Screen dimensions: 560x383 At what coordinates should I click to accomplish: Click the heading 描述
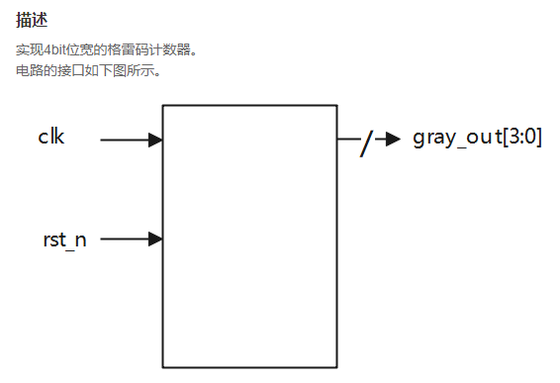click(x=33, y=20)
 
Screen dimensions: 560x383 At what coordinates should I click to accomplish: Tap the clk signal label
click(x=51, y=137)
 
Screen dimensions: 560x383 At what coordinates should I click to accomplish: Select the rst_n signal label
click(x=64, y=239)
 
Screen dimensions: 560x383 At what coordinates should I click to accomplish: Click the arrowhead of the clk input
click(x=155, y=141)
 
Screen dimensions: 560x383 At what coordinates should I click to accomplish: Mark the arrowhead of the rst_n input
click(x=155, y=239)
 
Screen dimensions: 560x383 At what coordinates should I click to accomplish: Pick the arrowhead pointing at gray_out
click(x=393, y=140)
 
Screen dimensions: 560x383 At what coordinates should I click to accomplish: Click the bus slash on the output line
click(x=366, y=144)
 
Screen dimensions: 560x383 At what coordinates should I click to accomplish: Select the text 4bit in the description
click(x=53, y=48)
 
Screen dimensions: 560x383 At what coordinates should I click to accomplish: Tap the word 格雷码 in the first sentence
click(x=108, y=48)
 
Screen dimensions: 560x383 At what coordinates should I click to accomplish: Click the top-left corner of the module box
click(x=163, y=105)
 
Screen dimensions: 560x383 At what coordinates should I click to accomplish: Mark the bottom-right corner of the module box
click(x=336, y=368)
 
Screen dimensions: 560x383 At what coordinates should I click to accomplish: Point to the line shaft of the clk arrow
click(x=124, y=141)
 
